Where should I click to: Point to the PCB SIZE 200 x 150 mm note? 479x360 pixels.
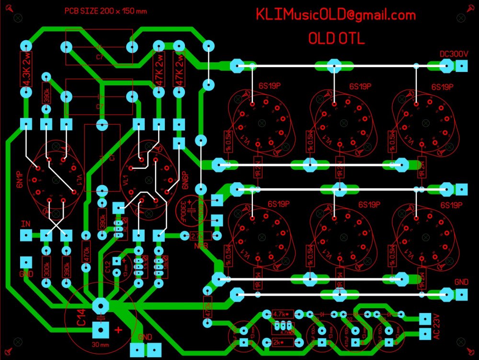[x=106, y=12]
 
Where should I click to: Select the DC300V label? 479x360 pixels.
[x=454, y=54]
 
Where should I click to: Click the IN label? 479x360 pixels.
[x=25, y=224]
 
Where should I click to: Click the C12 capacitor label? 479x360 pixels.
[x=108, y=267]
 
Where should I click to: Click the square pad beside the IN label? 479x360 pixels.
[x=26, y=235]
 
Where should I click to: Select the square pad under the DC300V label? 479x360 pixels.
[x=461, y=66]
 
